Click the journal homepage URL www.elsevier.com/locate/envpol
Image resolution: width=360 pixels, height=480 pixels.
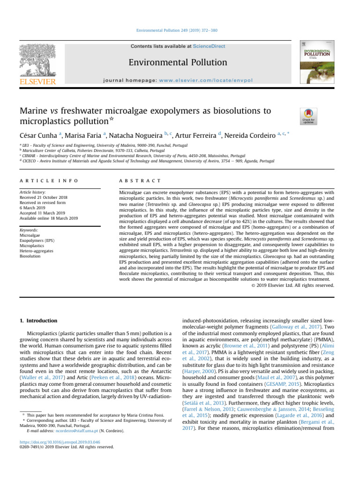212,80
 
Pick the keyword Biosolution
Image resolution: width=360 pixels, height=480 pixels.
30,256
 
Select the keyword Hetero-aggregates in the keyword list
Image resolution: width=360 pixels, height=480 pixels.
37,251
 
